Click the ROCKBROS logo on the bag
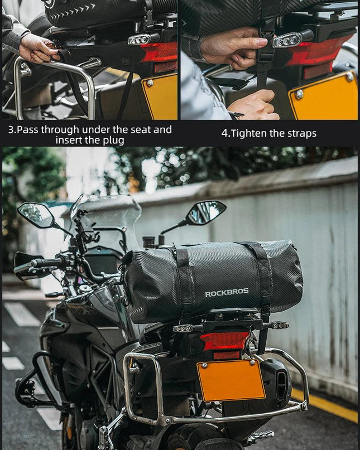tap(227, 293)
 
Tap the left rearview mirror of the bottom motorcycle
tap(36, 215)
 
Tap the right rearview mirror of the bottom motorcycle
tap(206, 212)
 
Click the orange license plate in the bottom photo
tap(231, 380)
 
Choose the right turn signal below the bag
tap(280, 325)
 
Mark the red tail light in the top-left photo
tap(160, 55)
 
